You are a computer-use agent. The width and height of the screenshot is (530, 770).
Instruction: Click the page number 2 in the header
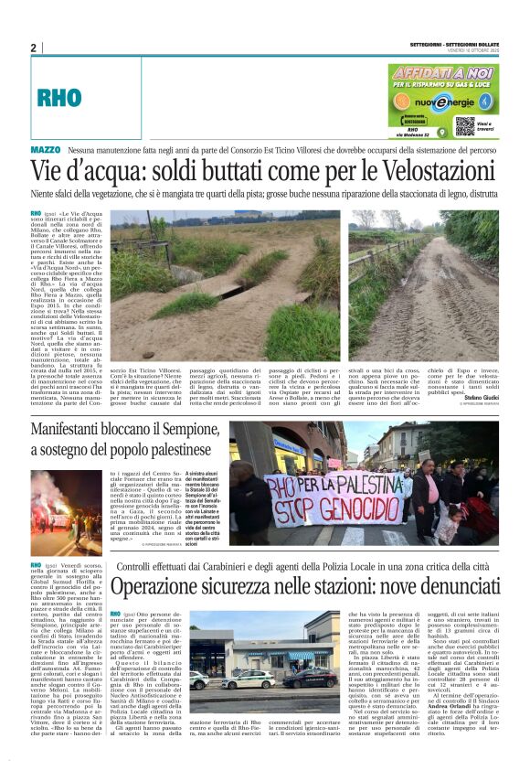click(33, 48)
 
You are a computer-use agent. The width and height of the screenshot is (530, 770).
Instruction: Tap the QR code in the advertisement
click(464, 124)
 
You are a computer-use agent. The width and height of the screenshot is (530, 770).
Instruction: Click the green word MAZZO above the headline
click(46, 149)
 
